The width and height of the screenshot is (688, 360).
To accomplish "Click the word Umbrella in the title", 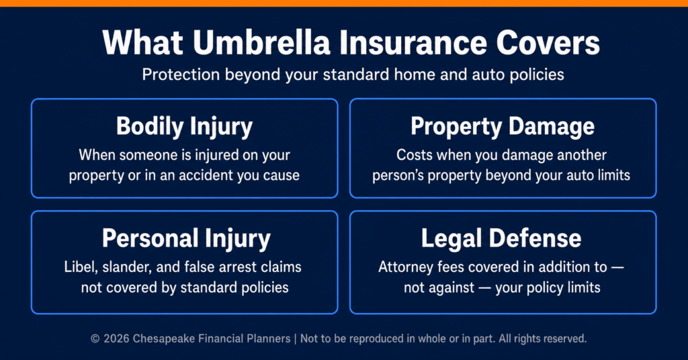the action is [x=261, y=43].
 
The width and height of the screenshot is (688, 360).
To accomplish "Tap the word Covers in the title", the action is [x=548, y=43].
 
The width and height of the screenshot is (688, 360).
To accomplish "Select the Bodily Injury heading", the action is [x=184, y=127].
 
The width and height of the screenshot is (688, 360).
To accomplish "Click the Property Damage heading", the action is [x=503, y=127].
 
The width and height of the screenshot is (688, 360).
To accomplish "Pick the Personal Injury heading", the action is [x=186, y=239].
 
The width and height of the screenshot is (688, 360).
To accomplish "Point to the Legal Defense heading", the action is [x=501, y=238].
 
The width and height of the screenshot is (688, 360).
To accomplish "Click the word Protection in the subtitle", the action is [x=181, y=75].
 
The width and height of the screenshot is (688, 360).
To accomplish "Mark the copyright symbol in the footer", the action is [x=95, y=339].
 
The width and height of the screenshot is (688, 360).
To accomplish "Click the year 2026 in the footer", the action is [x=116, y=339].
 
